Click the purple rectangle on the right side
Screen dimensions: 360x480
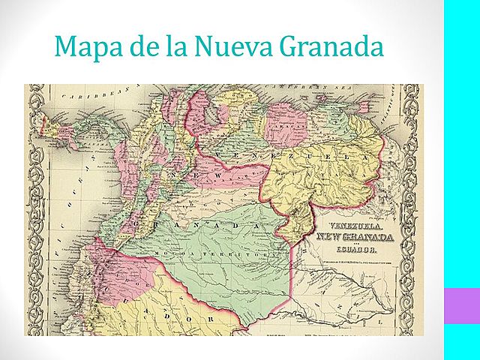[x=461, y=305]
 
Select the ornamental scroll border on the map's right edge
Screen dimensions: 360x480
[x=409, y=210]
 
